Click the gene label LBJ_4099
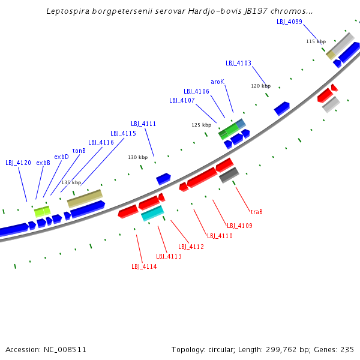[289, 22]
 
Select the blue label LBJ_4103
[238, 63]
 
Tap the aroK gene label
[217, 82]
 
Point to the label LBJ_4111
[143, 124]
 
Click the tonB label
[79, 151]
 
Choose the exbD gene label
[61, 157]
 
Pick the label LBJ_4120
[18, 163]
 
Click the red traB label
[256, 212]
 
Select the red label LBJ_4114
[144, 266]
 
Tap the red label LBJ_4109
[239, 226]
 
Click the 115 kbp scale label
[316, 41]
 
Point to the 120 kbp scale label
[260, 86]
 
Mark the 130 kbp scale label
[137, 157]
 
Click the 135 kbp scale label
[71, 182]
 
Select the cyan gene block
[152, 212]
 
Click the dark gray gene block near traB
[229, 175]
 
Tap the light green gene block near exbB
[42, 211]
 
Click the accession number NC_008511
[46, 349]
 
